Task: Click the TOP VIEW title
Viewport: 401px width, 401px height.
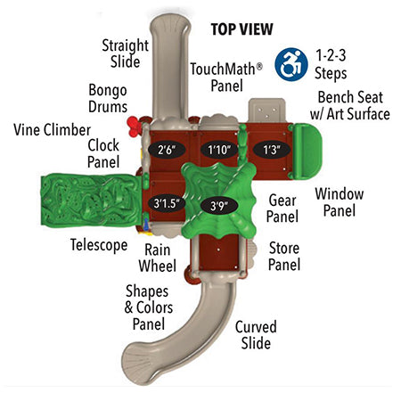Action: (x=241, y=29)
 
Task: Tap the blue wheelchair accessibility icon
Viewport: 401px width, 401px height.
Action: (x=291, y=64)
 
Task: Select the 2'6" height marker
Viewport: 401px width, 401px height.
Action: (x=167, y=150)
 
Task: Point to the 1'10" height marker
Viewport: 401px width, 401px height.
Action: (x=219, y=150)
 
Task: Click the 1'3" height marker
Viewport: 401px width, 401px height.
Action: (x=272, y=150)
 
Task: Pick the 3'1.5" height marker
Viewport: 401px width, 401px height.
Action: (x=167, y=204)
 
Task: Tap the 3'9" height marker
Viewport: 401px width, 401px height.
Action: (x=219, y=205)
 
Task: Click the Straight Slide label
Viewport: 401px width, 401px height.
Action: (x=126, y=53)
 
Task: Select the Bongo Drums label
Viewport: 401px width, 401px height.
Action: (x=108, y=98)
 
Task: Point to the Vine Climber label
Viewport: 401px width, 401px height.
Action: (x=53, y=130)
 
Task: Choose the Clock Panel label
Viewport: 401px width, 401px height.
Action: (x=103, y=153)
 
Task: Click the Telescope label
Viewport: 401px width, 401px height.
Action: (x=99, y=245)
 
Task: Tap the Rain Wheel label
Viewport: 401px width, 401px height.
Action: (x=158, y=258)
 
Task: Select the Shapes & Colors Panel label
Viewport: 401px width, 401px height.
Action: (x=149, y=307)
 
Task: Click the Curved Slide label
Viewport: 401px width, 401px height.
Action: (x=256, y=335)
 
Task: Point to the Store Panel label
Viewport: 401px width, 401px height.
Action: (x=284, y=256)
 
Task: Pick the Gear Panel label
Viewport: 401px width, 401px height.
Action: (x=282, y=208)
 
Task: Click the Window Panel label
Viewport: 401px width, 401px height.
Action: (x=340, y=202)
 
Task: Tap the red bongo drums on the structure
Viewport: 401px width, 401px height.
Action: (x=135, y=127)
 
